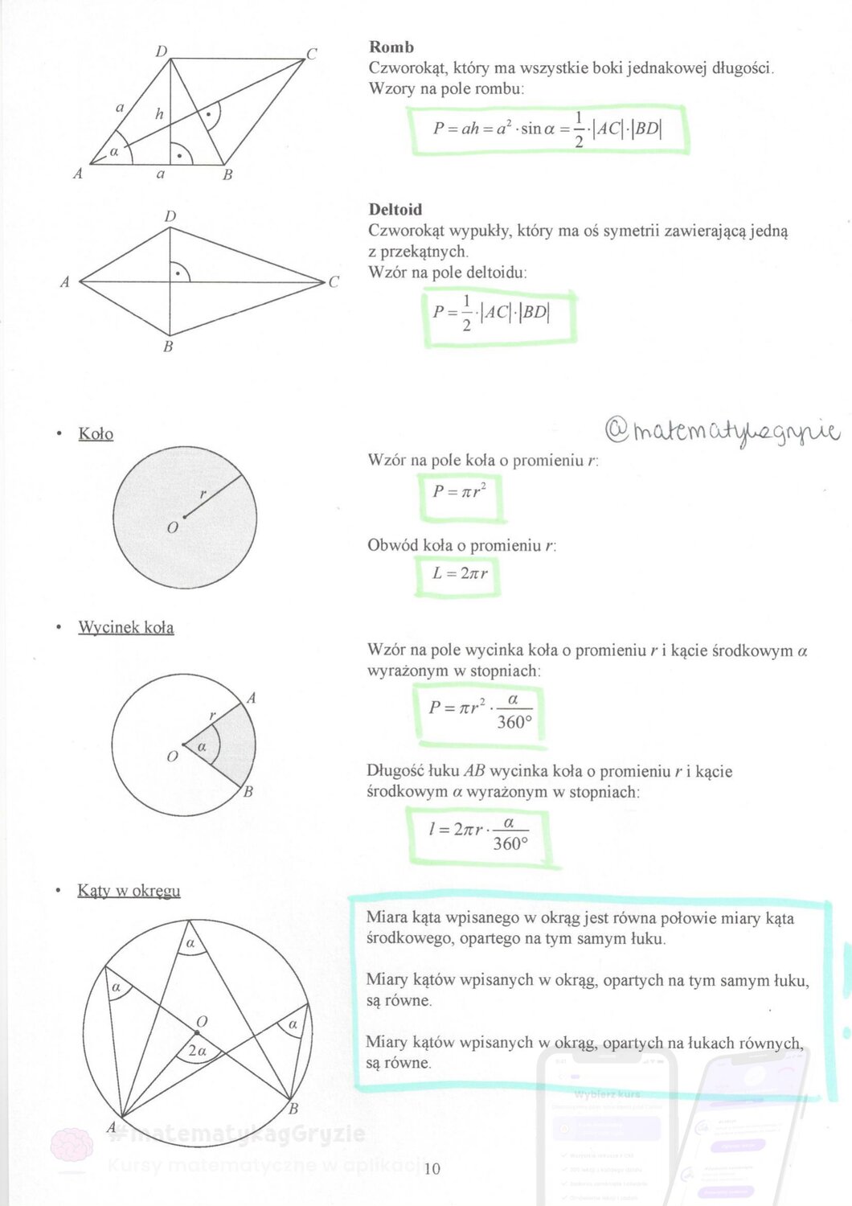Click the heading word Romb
pyautogui.click(x=391, y=47)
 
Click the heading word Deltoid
pyautogui.click(x=395, y=209)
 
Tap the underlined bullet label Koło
pyautogui.click(x=96, y=434)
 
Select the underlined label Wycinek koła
pyautogui.click(x=125, y=627)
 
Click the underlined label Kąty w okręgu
pyautogui.click(x=129, y=891)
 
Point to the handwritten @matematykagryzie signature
pyautogui.click(x=721, y=432)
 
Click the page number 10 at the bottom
pyautogui.click(x=432, y=1169)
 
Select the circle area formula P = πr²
pyautogui.click(x=460, y=491)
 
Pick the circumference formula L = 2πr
pyautogui.click(x=459, y=573)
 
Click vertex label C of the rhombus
pyautogui.click(x=312, y=54)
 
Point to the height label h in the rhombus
pyautogui.click(x=159, y=114)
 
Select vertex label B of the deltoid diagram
pyautogui.click(x=168, y=347)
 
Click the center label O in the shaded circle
pyautogui.click(x=172, y=528)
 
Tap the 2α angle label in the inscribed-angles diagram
pyautogui.click(x=197, y=1051)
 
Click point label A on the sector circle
pyautogui.click(x=252, y=698)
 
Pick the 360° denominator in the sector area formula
pyautogui.click(x=514, y=723)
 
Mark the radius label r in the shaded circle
pyautogui.click(x=203, y=494)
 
